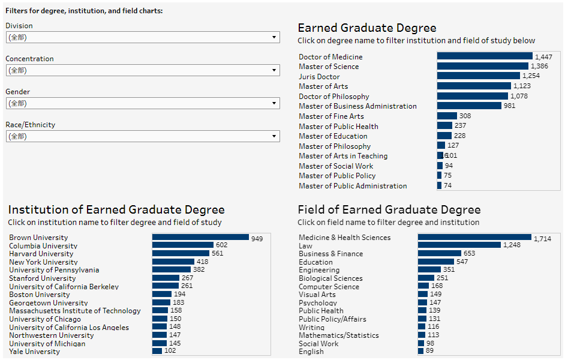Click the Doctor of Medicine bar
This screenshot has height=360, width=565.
(485, 56)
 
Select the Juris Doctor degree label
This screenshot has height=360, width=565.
(319, 77)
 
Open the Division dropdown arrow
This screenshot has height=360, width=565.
(274, 37)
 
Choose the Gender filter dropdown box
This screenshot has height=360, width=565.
(142, 103)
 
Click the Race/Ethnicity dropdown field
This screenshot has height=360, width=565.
(142, 136)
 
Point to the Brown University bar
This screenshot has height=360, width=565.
(200, 238)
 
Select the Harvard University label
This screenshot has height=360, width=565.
(41, 254)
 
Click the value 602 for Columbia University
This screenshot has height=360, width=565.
(222, 245)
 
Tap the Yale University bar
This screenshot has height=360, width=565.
(157, 351)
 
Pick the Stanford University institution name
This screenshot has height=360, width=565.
(43, 278)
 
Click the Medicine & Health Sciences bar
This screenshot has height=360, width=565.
(474, 238)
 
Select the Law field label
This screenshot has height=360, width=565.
(305, 246)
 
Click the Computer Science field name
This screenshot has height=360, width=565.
(329, 287)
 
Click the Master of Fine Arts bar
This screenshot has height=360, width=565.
(446, 116)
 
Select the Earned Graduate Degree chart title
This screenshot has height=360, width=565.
(367, 28)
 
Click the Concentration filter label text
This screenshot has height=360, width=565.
(29, 59)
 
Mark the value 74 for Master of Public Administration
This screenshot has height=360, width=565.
(447, 186)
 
